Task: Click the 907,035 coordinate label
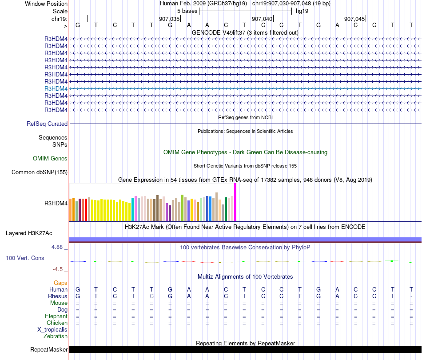pyautogui.click(x=169, y=19)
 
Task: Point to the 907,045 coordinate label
pyautogui.click(x=354, y=19)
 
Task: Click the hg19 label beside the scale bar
pyautogui.click(x=302, y=11)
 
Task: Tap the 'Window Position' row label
pyautogui.click(x=46, y=4)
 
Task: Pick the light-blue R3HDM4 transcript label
pyautogui.click(x=56, y=88)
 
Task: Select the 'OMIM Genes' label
pyautogui.click(x=50, y=158)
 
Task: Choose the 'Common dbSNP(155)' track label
pyautogui.click(x=40, y=172)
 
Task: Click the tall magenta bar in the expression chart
pyautogui.click(x=235, y=202)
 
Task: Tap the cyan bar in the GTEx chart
pyautogui.click(x=133, y=209)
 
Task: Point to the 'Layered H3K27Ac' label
pyautogui.click(x=29, y=233)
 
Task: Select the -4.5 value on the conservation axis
pyautogui.click(x=58, y=269)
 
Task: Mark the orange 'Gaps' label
pyautogui.click(x=60, y=283)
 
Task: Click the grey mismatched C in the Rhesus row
pyautogui.click(x=151, y=296)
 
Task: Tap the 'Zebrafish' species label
pyautogui.click(x=56, y=336)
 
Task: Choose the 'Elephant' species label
pyautogui.click(x=56, y=316)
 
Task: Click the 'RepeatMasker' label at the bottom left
pyautogui.click(x=49, y=350)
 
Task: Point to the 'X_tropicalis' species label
pyautogui.click(x=52, y=330)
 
